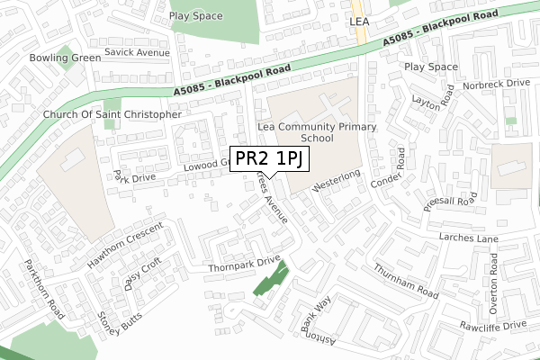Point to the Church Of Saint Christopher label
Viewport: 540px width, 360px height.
tap(112, 115)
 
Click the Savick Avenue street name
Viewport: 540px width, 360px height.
tap(137, 53)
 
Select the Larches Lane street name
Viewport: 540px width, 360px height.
tap(468, 238)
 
